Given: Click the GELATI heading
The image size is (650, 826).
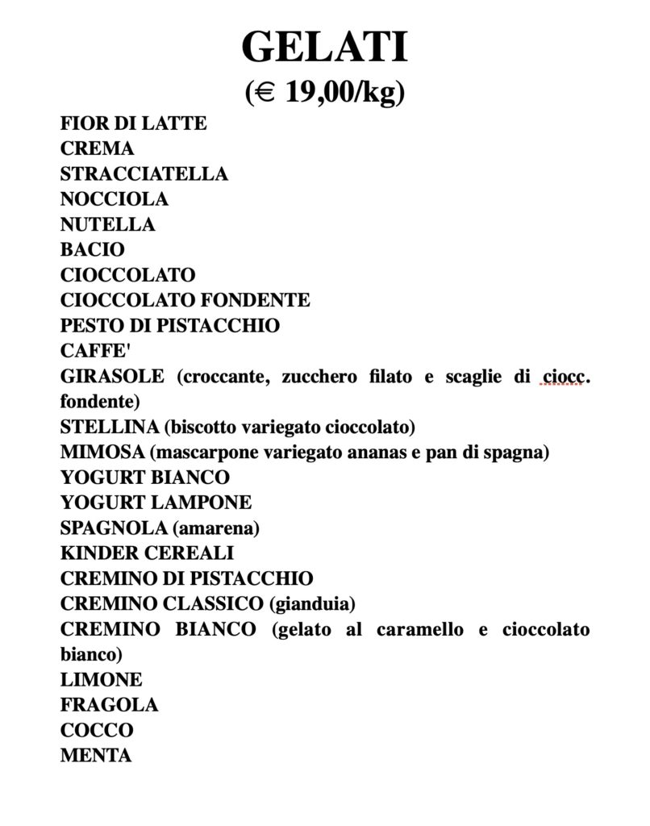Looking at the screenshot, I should tap(324, 48).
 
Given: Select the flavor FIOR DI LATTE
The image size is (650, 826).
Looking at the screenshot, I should tap(134, 123).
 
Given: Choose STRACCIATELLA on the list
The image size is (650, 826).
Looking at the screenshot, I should tap(144, 173).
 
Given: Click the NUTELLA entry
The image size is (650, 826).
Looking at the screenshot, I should tap(108, 224).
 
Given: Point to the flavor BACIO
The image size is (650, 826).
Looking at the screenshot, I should tap(93, 250).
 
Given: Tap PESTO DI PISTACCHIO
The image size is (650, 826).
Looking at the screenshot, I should tap(170, 326).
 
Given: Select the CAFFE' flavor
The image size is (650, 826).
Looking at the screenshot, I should tap(94, 351).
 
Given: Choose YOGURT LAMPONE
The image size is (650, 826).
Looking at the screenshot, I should tap(156, 503).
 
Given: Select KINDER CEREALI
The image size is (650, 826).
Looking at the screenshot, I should tap(148, 553).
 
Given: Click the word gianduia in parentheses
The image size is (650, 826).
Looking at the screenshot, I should tap(315, 603).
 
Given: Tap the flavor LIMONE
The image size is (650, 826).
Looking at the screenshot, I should tap(102, 679).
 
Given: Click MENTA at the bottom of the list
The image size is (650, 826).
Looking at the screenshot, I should tap(96, 755).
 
